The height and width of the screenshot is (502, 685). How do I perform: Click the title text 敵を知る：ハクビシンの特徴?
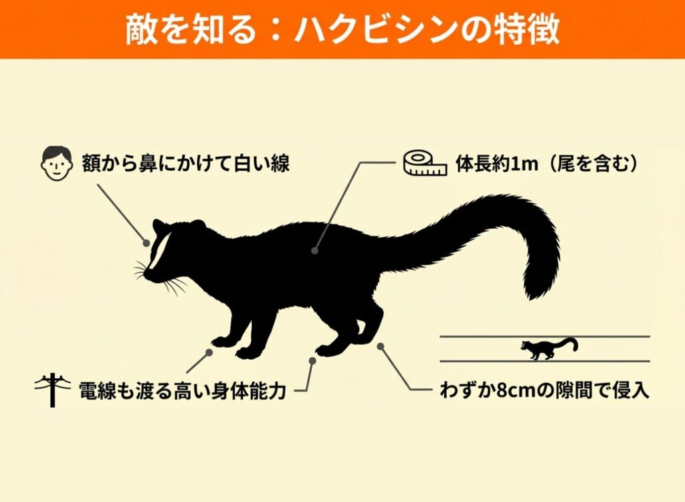coord(342,29)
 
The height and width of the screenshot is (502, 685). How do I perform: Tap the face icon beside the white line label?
coord(56,164)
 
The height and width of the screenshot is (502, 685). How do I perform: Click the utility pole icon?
coord(53,390)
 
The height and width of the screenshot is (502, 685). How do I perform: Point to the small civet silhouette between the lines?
coord(549,349)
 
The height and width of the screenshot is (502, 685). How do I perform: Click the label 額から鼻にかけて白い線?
coord(186,164)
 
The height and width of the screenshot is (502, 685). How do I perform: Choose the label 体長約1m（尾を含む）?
coord(547,164)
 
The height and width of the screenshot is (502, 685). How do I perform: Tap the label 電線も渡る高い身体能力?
coord(183,390)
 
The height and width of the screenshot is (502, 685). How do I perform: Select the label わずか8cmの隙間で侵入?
coord(545,390)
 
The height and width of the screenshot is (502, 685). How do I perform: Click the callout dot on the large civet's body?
coord(314,250)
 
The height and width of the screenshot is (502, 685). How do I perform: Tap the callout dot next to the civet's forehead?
coord(146,243)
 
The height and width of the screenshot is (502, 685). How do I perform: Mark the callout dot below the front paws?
coord(209,352)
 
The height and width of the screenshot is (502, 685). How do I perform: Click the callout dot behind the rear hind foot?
coord(381,346)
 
